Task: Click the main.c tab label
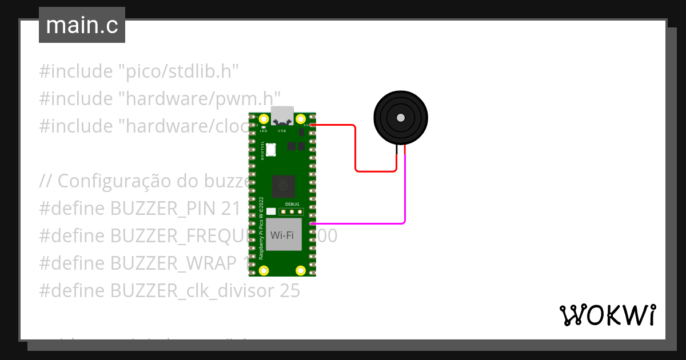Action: (82, 25)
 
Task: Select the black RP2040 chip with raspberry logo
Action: (283, 186)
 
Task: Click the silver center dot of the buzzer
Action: (400, 118)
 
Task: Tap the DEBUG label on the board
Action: (292, 203)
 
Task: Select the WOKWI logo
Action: (607, 315)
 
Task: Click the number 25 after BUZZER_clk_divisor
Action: (290, 291)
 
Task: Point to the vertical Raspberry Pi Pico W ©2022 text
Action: (261, 229)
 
